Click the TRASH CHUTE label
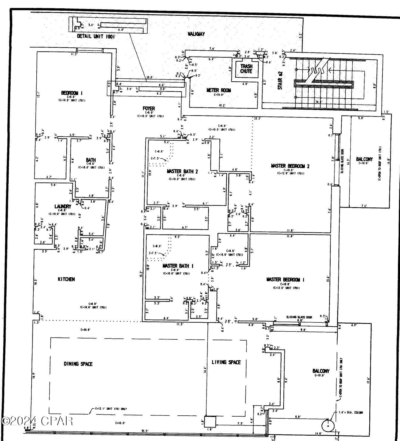pos(246,69)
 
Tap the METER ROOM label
pos(218,90)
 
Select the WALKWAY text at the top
pos(196,34)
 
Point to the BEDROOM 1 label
pos(72,93)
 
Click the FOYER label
pos(149,108)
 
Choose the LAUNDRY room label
pos(62,206)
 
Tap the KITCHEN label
pos(66,279)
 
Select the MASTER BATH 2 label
pos(182,171)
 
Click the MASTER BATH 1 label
pos(178,265)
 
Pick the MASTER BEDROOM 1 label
pos(285,279)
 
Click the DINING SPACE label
pos(78,364)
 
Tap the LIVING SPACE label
pos(226,362)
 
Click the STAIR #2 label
pos(280,80)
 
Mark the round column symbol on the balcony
pos(328,426)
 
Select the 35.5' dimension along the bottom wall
pos(145,431)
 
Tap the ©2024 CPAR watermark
pos(37,421)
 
